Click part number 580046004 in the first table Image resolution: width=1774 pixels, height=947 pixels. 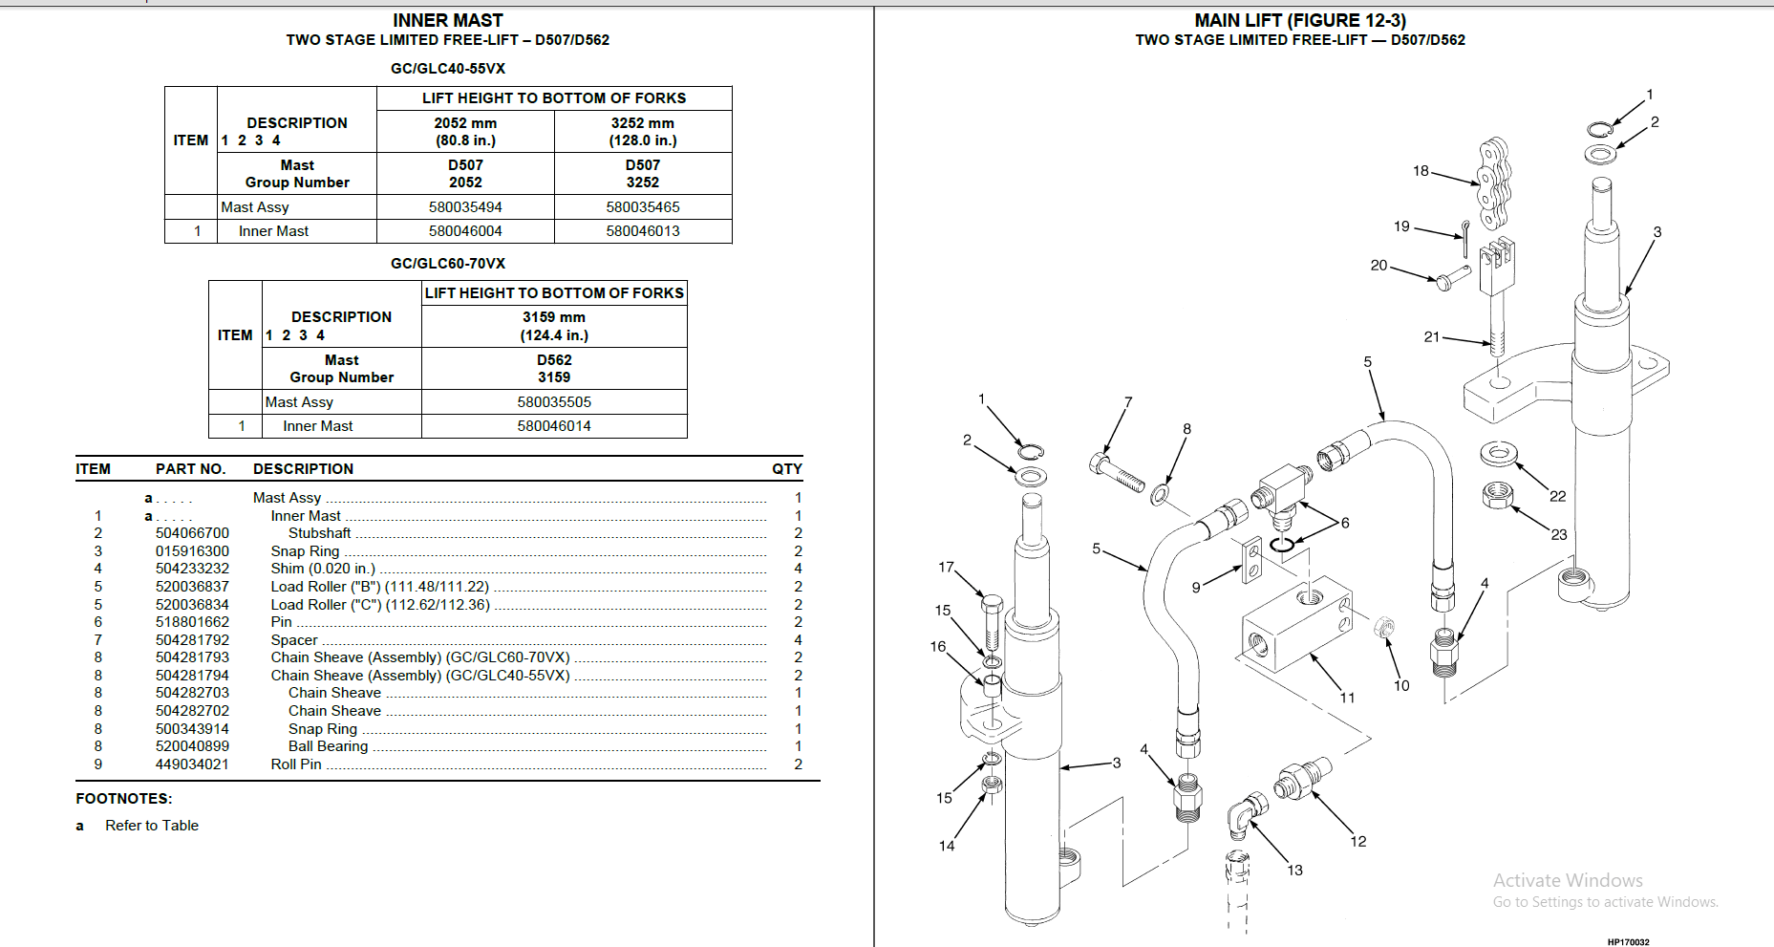tap(465, 231)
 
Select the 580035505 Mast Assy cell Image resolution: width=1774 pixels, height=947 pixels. tap(554, 402)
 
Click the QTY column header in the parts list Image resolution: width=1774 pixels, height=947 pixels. tap(786, 469)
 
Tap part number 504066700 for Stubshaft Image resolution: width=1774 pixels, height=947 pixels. tap(192, 533)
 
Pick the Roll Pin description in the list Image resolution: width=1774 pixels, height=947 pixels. tap(296, 764)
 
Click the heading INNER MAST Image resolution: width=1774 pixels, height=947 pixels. tap(447, 20)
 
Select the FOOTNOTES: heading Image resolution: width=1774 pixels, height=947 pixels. tap(124, 799)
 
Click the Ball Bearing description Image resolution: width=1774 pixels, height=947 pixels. tap(328, 746)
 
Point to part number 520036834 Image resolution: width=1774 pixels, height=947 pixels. tap(192, 605)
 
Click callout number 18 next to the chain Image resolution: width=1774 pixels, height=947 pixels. tap(1421, 171)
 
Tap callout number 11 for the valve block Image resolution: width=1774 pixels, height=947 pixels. tap(1347, 698)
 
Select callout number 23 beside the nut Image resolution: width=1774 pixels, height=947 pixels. tap(1559, 534)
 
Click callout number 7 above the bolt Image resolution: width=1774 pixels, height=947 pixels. tap(1128, 402)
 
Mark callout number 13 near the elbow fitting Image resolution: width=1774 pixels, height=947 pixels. tap(1294, 870)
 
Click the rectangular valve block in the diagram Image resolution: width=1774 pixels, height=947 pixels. tap(1296, 625)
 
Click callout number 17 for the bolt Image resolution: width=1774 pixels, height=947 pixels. tap(946, 568)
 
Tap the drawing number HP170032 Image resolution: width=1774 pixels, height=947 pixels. tap(1628, 942)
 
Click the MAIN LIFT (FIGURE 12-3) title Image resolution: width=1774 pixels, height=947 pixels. tap(1299, 20)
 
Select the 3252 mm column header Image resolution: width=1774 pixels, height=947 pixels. tap(643, 131)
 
